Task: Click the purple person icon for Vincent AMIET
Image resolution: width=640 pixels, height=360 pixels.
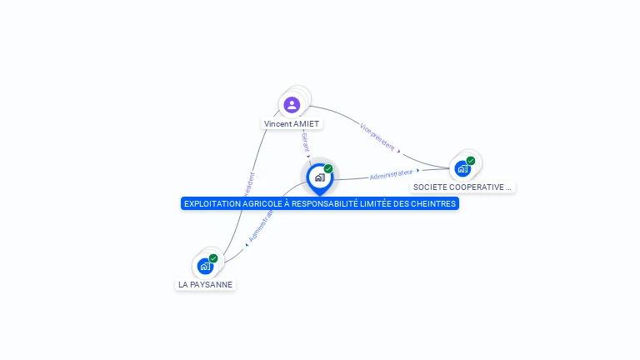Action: tap(292, 105)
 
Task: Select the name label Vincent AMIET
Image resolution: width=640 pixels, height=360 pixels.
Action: tap(292, 124)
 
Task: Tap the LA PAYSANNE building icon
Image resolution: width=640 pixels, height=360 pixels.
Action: tap(205, 267)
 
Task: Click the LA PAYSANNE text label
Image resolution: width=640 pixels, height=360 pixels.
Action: tap(205, 285)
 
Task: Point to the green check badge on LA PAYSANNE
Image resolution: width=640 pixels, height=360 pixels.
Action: tap(213, 258)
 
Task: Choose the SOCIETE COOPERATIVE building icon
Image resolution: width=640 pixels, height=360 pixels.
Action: tap(462, 168)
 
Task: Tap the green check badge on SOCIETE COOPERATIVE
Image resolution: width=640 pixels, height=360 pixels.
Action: tap(471, 161)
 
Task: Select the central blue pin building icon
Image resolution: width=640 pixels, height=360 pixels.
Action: tap(319, 177)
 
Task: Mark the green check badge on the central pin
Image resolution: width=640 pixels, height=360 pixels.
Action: tap(328, 169)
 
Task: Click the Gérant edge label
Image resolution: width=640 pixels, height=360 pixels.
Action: tap(305, 141)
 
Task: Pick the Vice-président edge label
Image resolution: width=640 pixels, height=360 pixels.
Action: tap(377, 136)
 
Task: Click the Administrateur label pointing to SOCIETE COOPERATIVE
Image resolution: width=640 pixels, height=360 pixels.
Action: tap(391, 174)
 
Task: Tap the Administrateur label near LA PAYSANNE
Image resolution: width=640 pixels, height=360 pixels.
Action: tap(261, 225)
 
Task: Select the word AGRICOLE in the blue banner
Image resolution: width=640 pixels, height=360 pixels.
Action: tap(254, 203)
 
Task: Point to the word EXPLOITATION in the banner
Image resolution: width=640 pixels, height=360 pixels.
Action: tap(208, 203)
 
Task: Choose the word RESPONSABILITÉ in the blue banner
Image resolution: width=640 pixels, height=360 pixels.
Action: tap(320, 203)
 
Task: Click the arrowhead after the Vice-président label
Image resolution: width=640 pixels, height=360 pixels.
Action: tap(399, 152)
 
